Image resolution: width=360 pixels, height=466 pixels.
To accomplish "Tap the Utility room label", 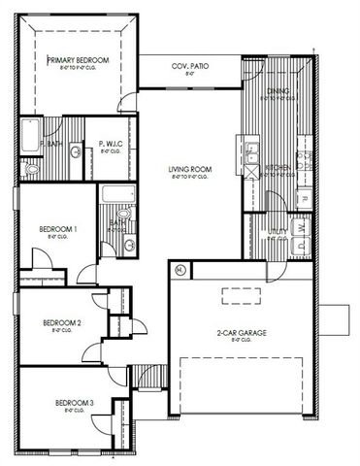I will pyautogui.click(x=278, y=232).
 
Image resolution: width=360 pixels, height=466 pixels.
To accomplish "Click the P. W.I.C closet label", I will pyautogui.click(x=110, y=146).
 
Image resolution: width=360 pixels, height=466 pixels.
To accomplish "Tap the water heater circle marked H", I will pyautogui.click(x=180, y=269).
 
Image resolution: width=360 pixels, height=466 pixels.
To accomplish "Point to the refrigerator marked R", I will pyautogui.click(x=304, y=199).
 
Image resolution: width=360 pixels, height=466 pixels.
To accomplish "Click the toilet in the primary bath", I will pyautogui.click(x=30, y=168).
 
